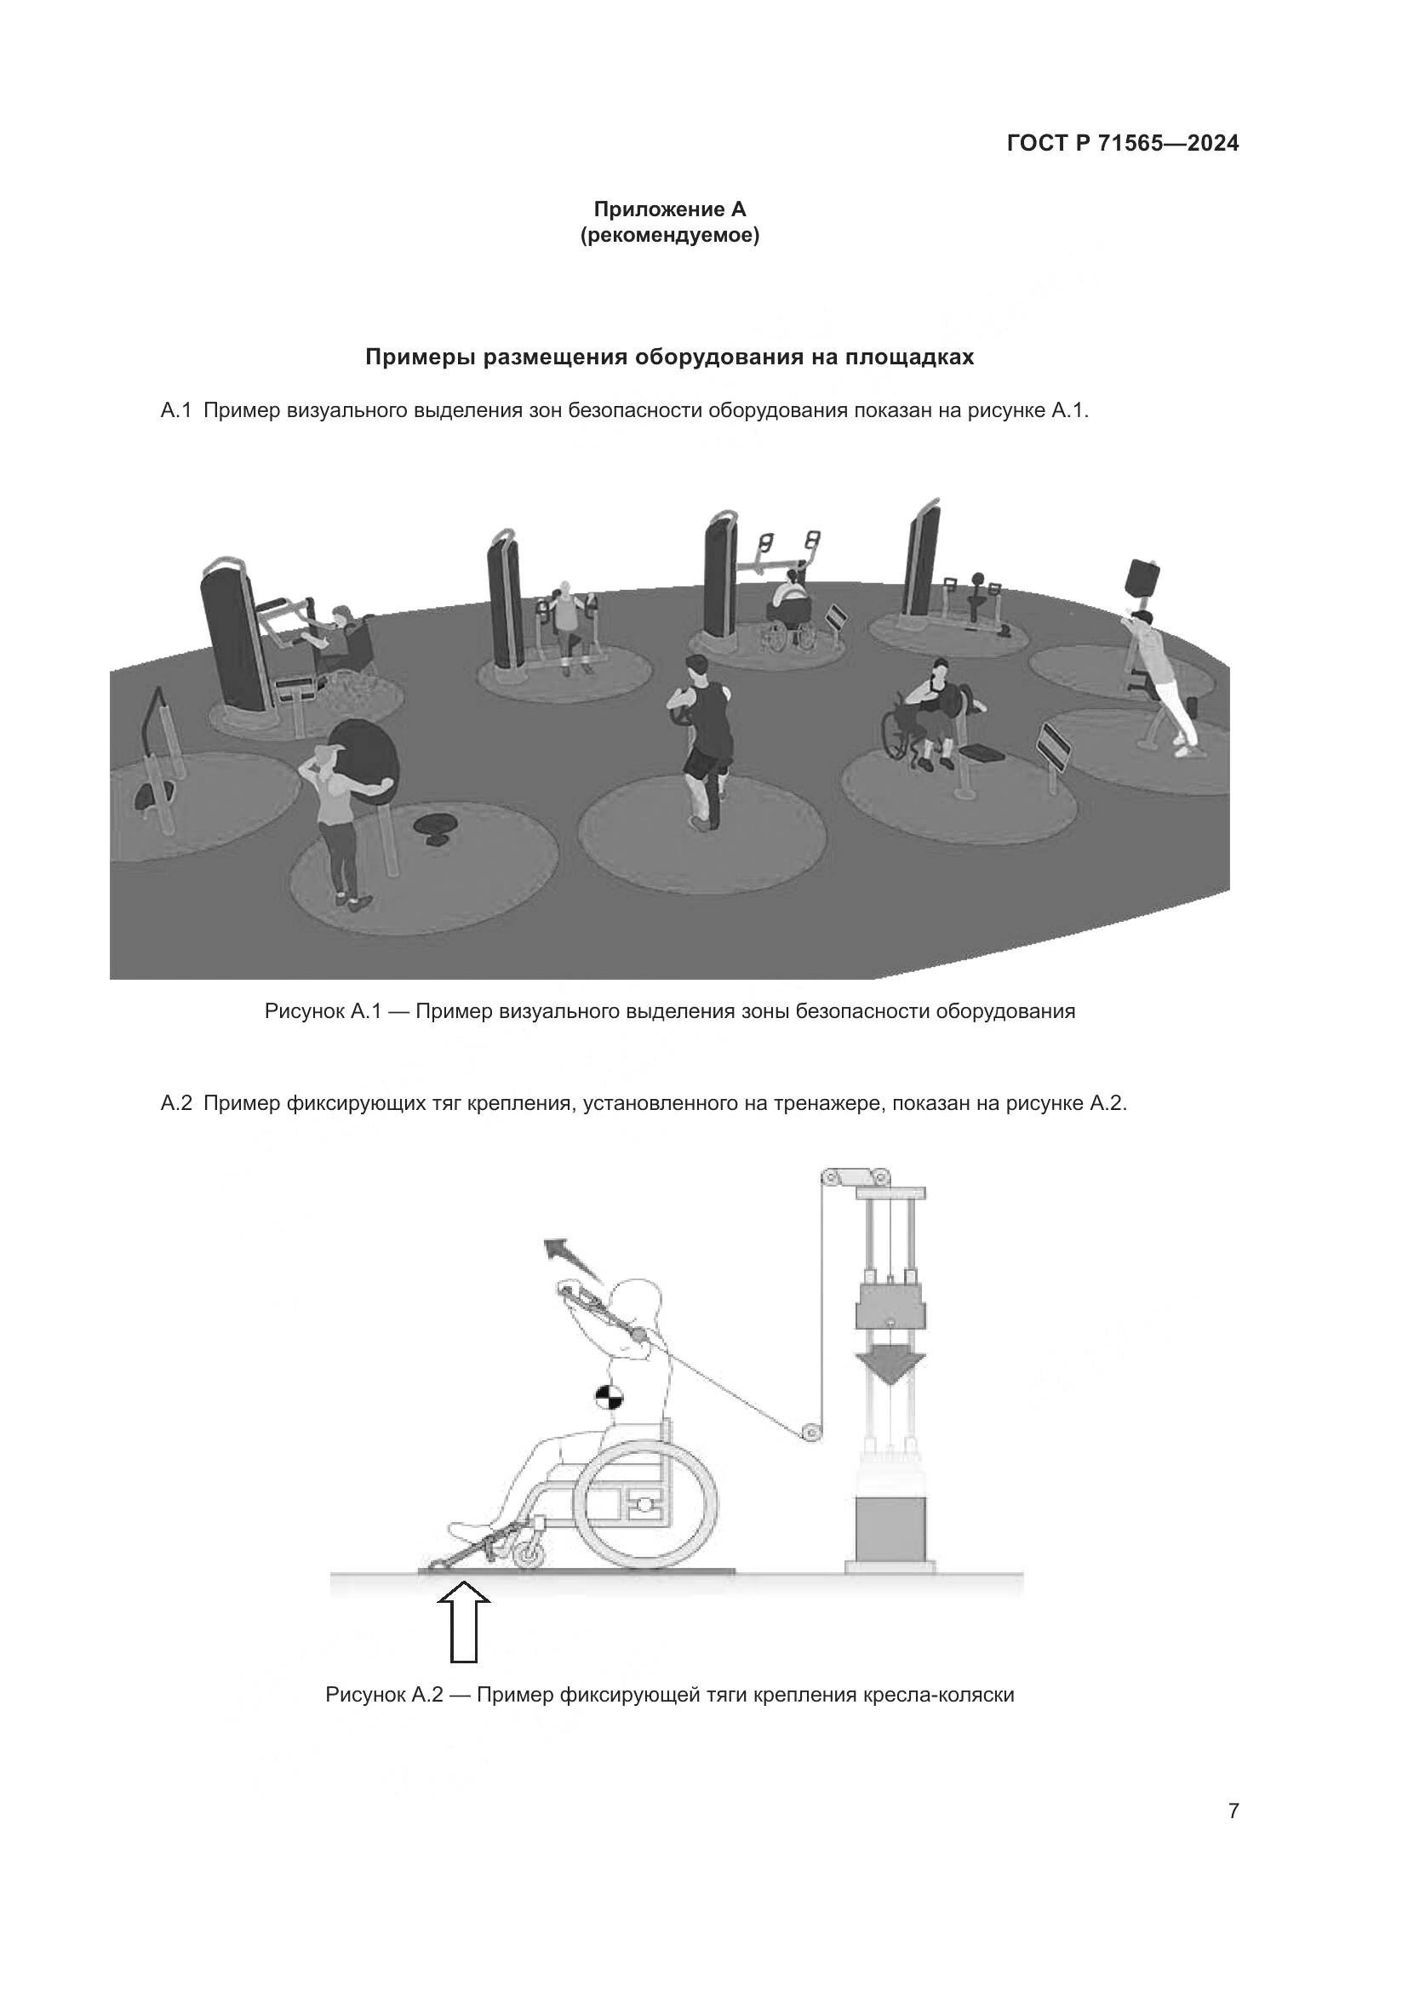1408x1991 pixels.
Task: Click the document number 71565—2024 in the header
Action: pyautogui.click(x=1168, y=143)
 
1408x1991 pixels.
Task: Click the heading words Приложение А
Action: pyautogui.click(x=669, y=209)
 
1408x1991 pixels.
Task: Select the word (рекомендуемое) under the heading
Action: pyautogui.click(x=669, y=236)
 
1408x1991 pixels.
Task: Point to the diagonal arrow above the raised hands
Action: pyautogui.click(x=572, y=1262)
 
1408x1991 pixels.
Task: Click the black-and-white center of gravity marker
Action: pyautogui.click(x=609, y=1399)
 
